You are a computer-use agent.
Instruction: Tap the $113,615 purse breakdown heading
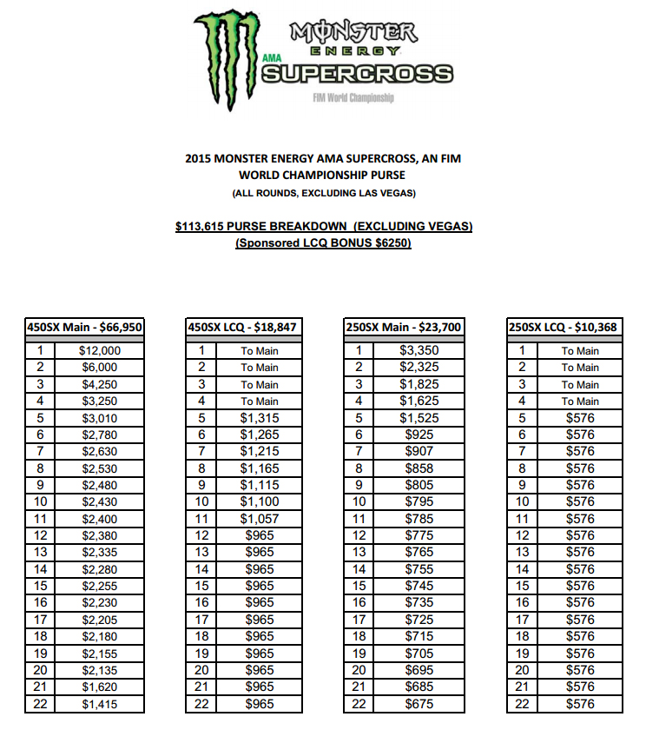click(x=323, y=227)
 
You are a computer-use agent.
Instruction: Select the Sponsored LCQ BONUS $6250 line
click(x=323, y=243)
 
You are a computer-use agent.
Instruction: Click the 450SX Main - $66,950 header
click(x=84, y=328)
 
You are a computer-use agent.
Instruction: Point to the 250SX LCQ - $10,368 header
click(x=565, y=328)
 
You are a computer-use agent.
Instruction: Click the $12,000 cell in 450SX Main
click(x=100, y=351)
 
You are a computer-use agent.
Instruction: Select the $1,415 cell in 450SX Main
click(x=100, y=704)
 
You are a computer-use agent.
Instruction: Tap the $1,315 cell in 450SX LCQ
click(x=260, y=418)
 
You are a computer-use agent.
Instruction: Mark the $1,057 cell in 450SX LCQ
click(x=260, y=519)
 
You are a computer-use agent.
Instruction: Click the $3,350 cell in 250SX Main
click(x=419, y=351)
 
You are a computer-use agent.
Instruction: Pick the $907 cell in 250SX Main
click(x=419, y=452)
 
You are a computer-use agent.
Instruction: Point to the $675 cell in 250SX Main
click(x=419, y=704)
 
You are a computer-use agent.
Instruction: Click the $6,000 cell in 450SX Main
click(x=100, y=368)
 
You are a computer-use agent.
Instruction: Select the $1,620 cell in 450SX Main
click(x=100, y=687)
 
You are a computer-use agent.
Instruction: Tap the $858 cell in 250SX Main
click(x=419, y=468)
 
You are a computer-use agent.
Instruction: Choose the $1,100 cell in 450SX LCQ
click(x=260, y=502)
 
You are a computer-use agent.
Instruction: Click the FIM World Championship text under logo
click(x=353, y=98)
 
